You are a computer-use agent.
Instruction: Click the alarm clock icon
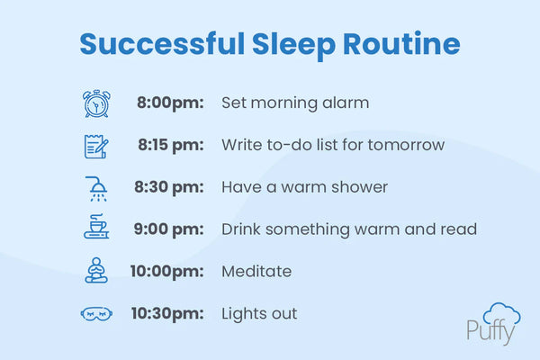coord(96,103)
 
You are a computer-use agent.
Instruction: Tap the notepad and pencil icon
coord(96,145)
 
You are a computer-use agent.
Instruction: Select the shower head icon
coord(96,187)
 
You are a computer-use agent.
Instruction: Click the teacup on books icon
coord(96,229)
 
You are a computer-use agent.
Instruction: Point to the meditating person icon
coord(96,271)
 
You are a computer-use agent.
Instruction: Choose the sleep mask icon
coord(96,313)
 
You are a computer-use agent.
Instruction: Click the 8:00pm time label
coord(171,103)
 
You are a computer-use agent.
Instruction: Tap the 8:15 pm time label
coord(171,145)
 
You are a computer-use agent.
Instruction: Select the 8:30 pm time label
coord(171,187)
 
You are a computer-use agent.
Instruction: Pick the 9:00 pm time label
coord(171,229)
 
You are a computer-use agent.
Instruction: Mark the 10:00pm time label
coord(167,271)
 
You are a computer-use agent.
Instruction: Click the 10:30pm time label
coord(167,313)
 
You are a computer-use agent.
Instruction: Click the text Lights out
coord(259,313)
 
